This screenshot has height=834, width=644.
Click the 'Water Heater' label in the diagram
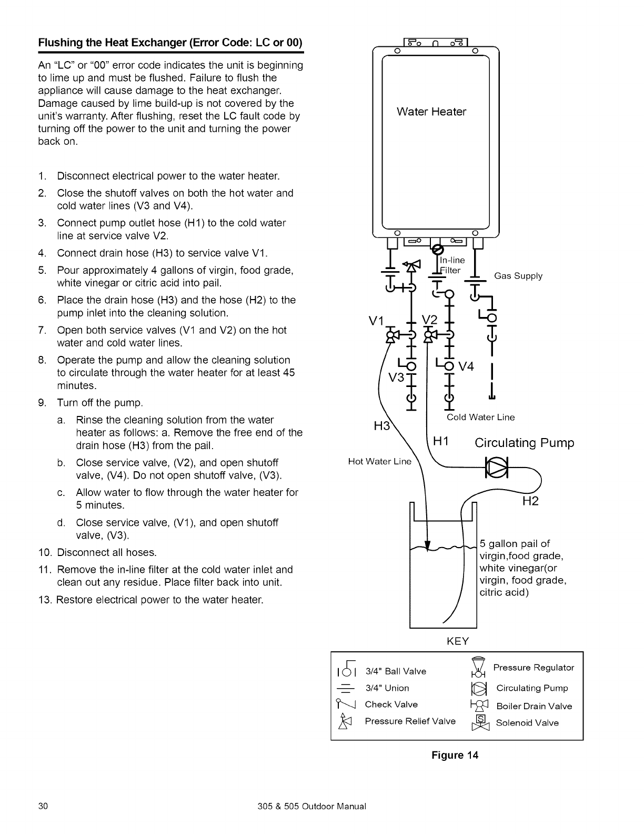click(x=431, y=112)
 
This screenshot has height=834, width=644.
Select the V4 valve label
click(x=466, y=366)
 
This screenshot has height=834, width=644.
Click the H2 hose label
click(x=530, y=501)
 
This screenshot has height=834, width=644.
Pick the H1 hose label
click(x=440, y=442)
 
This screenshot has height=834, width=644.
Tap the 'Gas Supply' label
click(x=518, y=276)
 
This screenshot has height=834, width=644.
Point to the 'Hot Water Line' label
click(x=379, y=462)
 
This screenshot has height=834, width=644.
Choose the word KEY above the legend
click(x=457, y=641)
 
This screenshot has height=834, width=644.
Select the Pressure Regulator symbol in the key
click(x=477, y=668)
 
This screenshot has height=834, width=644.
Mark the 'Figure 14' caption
click(x=455, y=756)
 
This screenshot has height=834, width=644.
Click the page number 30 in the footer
click(x=43, y=806)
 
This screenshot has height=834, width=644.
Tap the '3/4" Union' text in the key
click(x=387, y=688)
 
